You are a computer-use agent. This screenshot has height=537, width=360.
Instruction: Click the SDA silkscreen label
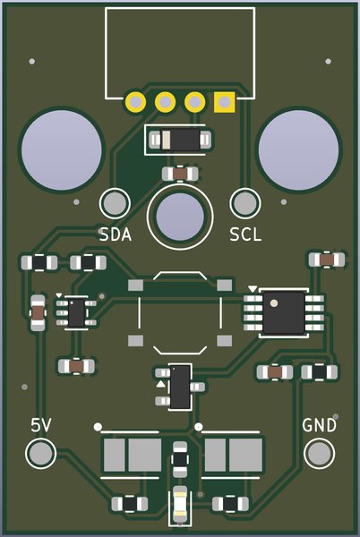[x=116, y=234]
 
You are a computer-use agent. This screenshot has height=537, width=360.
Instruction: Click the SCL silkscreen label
[x=245, y=234]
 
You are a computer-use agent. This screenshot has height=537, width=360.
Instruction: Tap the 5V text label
[x=41, y=425]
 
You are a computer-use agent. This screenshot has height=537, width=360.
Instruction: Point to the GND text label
[x=319, y=425]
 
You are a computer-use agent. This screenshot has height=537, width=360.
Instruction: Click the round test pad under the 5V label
[x=41, y=454]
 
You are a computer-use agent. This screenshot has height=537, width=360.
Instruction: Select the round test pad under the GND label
[x=319, y=454]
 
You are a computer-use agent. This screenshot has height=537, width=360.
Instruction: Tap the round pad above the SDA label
[x=115, y=204]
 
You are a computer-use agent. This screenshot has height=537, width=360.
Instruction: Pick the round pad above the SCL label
[x=245, y=204]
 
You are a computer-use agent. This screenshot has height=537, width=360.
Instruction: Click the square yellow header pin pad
[x=225, y=102]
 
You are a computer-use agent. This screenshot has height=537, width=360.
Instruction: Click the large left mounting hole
[x=62, y=150]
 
